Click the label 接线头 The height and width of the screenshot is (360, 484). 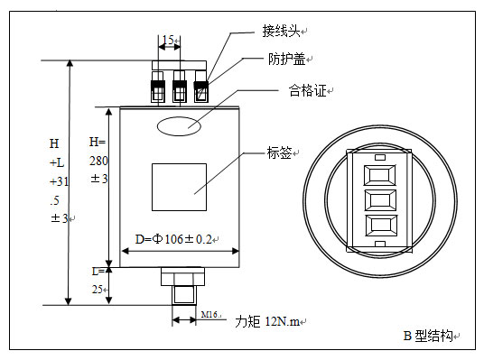tap(281, 31)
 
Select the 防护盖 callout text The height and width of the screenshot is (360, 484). tap(286, 59)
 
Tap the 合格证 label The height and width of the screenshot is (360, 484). tap(307, 91)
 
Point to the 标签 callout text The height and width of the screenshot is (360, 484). tap(279, 152)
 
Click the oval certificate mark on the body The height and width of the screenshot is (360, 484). tap(179, 126)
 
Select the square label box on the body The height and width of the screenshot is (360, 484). tap(179, 188)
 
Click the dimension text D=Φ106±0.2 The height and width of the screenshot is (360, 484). tap(173, 239)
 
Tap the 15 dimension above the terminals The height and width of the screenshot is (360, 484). tap(168, 40)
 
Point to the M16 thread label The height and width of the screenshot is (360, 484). tap(209, 315)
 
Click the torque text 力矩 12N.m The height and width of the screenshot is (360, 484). tap(267, 322)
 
